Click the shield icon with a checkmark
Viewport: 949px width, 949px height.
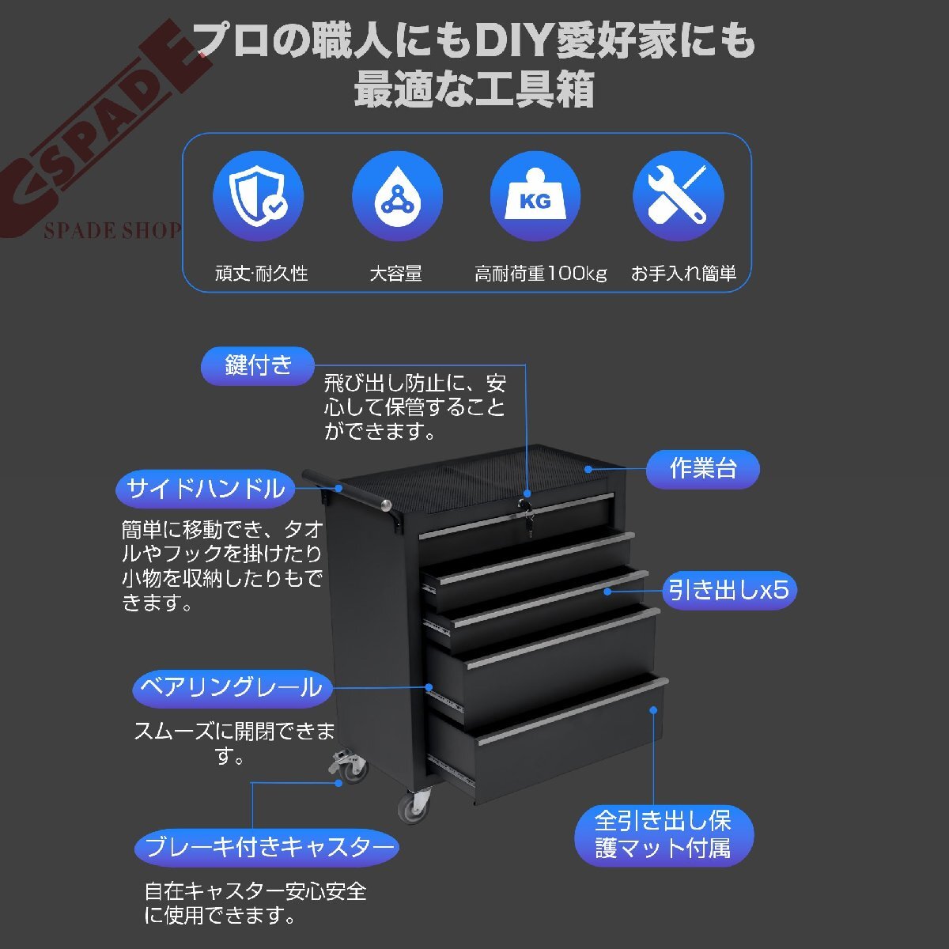[258, 195]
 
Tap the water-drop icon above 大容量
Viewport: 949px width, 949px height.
[397, 195]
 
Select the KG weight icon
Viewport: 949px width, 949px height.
[535, 195]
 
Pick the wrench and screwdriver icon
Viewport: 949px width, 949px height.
[678, 195]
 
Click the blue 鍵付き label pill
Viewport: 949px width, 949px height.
[258, 366]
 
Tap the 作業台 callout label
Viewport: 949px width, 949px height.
[703, 469]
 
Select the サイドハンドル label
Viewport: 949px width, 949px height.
[206, 489]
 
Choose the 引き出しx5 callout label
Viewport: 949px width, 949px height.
[729, 590]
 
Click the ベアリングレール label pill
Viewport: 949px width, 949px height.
[232, 689]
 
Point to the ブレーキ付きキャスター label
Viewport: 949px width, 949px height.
[267, 848]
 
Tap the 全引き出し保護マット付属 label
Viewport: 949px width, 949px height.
[664, 835]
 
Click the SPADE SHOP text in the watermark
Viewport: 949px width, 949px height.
[113, 230]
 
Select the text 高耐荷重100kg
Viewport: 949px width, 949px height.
[540, 274]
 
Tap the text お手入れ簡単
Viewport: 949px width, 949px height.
[683, 274]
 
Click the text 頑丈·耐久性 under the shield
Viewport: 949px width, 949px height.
[262, 274]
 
